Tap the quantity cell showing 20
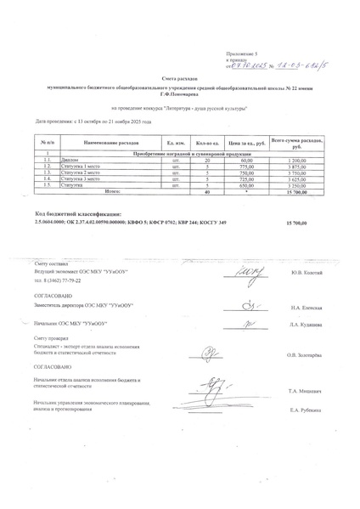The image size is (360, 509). tap(207, 160)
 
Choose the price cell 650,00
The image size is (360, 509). tap(247, 186)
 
